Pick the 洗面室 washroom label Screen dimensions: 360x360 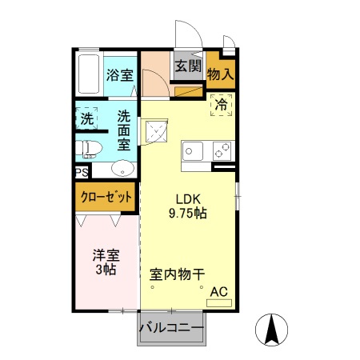124,130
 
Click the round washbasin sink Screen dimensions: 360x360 122,168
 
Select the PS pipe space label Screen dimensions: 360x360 82,172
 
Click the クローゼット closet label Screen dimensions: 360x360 106,197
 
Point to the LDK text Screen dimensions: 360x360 188,199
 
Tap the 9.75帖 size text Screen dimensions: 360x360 188,214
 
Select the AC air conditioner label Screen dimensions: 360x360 218,294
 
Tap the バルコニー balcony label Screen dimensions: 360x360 170,327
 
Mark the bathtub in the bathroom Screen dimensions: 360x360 89,74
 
